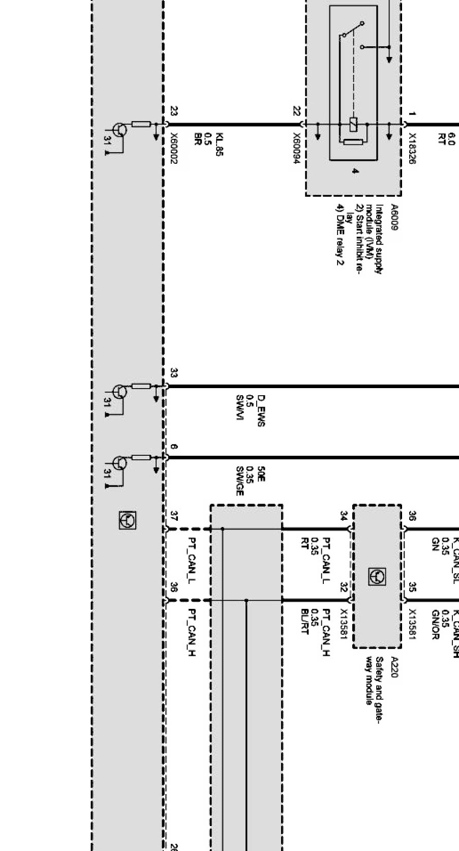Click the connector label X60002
pyautogui.click(x=174, y=148)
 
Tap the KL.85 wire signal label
pyautogui.click(x=220, y=144)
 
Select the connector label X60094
pyautogui.click(x=296, y=149)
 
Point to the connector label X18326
pyautogui.click(x=412, y=149)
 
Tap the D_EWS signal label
pyautogui.click(x=261, y=410)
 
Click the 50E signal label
pyautogui.click(x=261, y=473)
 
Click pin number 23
pyautogui.click(x=174, y=111)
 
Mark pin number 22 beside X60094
pyautogui.click(x=296, y=111)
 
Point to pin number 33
pyautogui.click(x=174, y=373)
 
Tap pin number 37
pyautogui.click(x=174, y=515)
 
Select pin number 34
pyautogui.click(x=344, y=515)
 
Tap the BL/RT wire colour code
pyautogui.click(x=305, y=622)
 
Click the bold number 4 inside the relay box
pyautogui.click(x=355, y=171)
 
